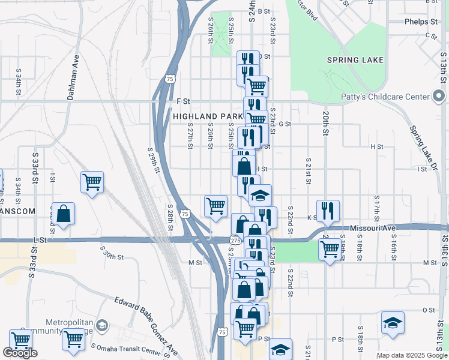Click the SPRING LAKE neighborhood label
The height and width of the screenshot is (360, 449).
[355, 60]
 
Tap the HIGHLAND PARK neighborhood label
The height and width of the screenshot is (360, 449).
[207, 116]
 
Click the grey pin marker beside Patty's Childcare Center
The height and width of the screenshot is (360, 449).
[439, 96]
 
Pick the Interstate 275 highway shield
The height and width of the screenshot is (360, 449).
[235, 240]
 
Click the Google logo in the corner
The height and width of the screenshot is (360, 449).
[20, 353]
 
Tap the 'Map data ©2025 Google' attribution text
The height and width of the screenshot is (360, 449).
[412, 355]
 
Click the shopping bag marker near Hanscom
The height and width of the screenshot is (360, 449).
[63, 214]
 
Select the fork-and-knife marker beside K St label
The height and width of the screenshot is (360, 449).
[328, 210]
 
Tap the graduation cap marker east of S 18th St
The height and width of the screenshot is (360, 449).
[393, 322]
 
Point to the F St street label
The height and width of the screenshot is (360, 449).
[183, 101]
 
